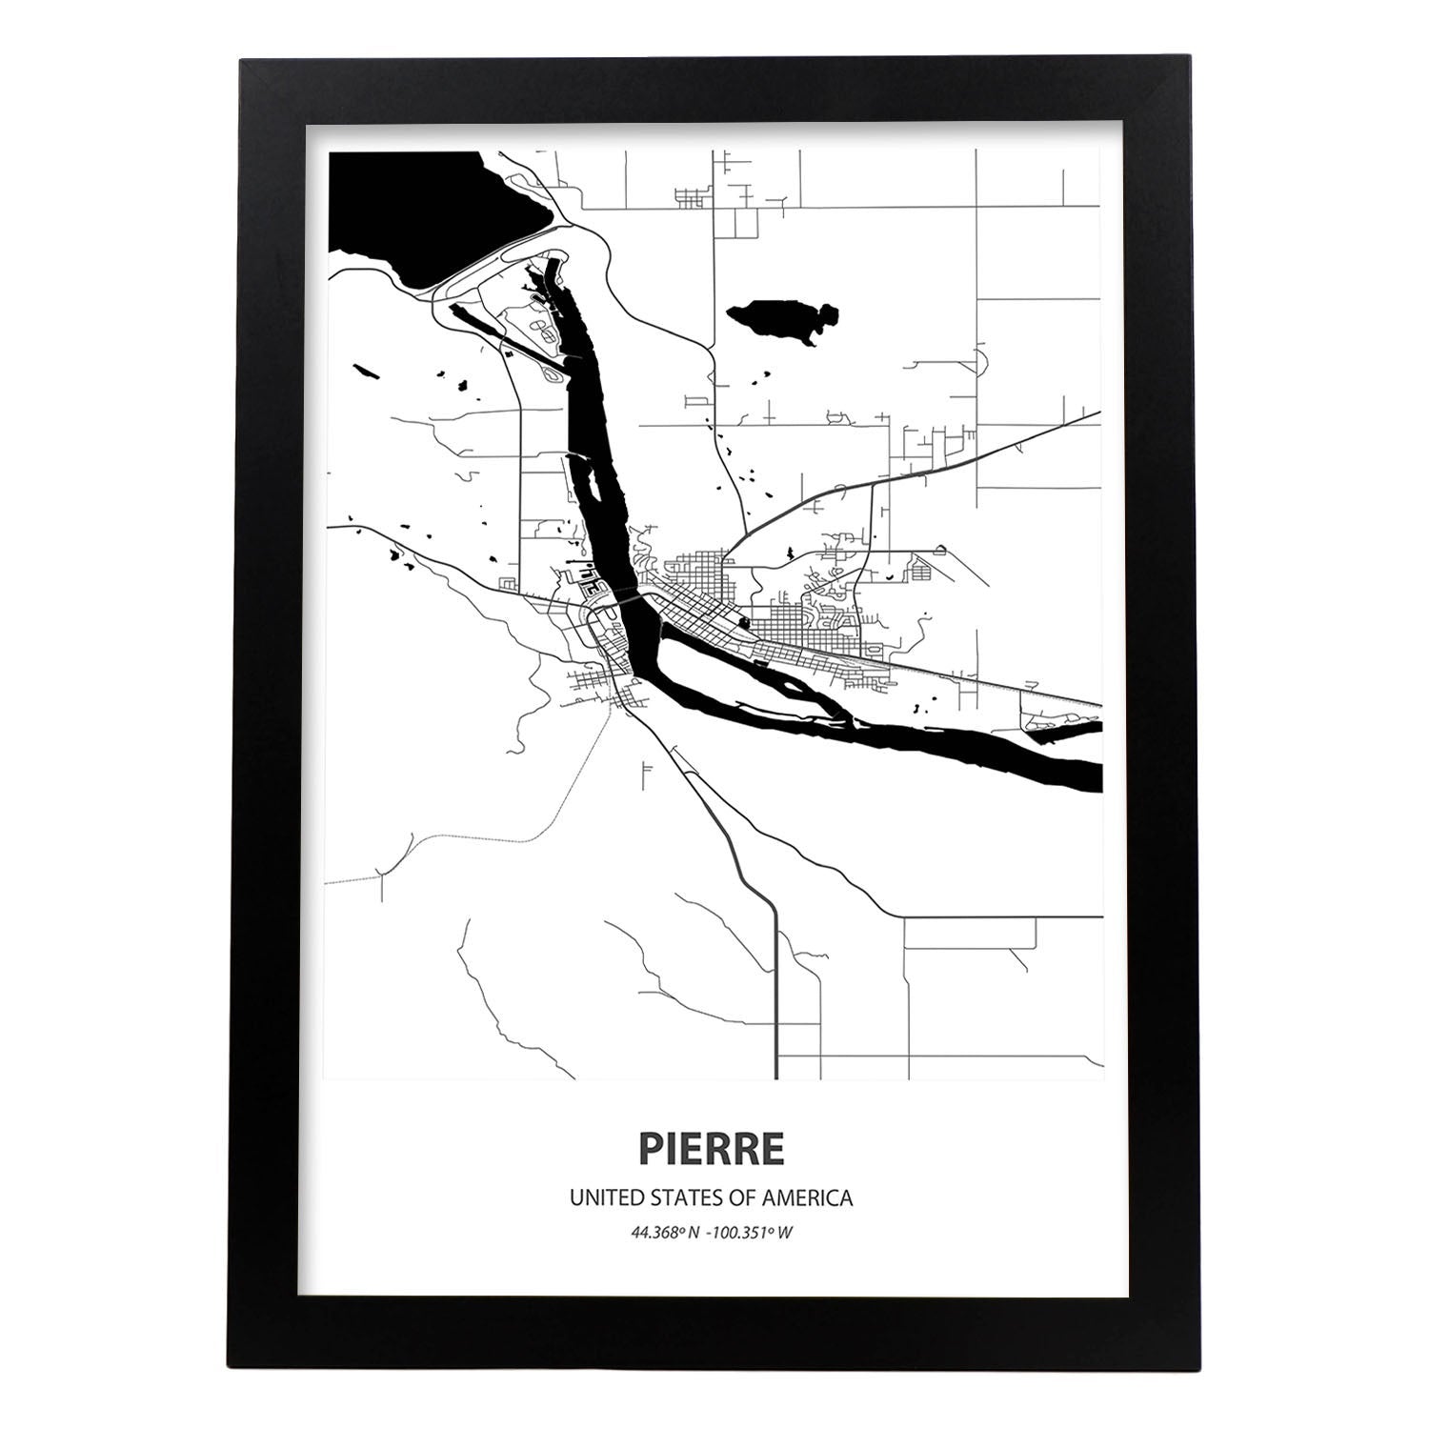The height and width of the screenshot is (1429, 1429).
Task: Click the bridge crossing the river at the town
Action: coord(619,599)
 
